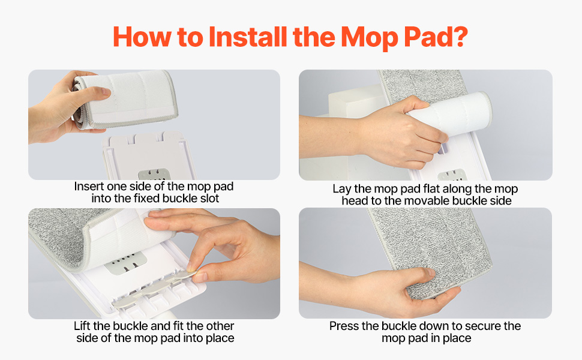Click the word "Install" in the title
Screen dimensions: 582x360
point(248,37)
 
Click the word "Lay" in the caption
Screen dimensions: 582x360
point(342,189)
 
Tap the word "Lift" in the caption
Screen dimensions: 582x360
point(82,326)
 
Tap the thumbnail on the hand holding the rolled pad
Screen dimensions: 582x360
point(104,92)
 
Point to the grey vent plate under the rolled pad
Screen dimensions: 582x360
point(154,174)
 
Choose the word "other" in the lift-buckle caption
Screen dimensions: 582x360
point(220,326)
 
